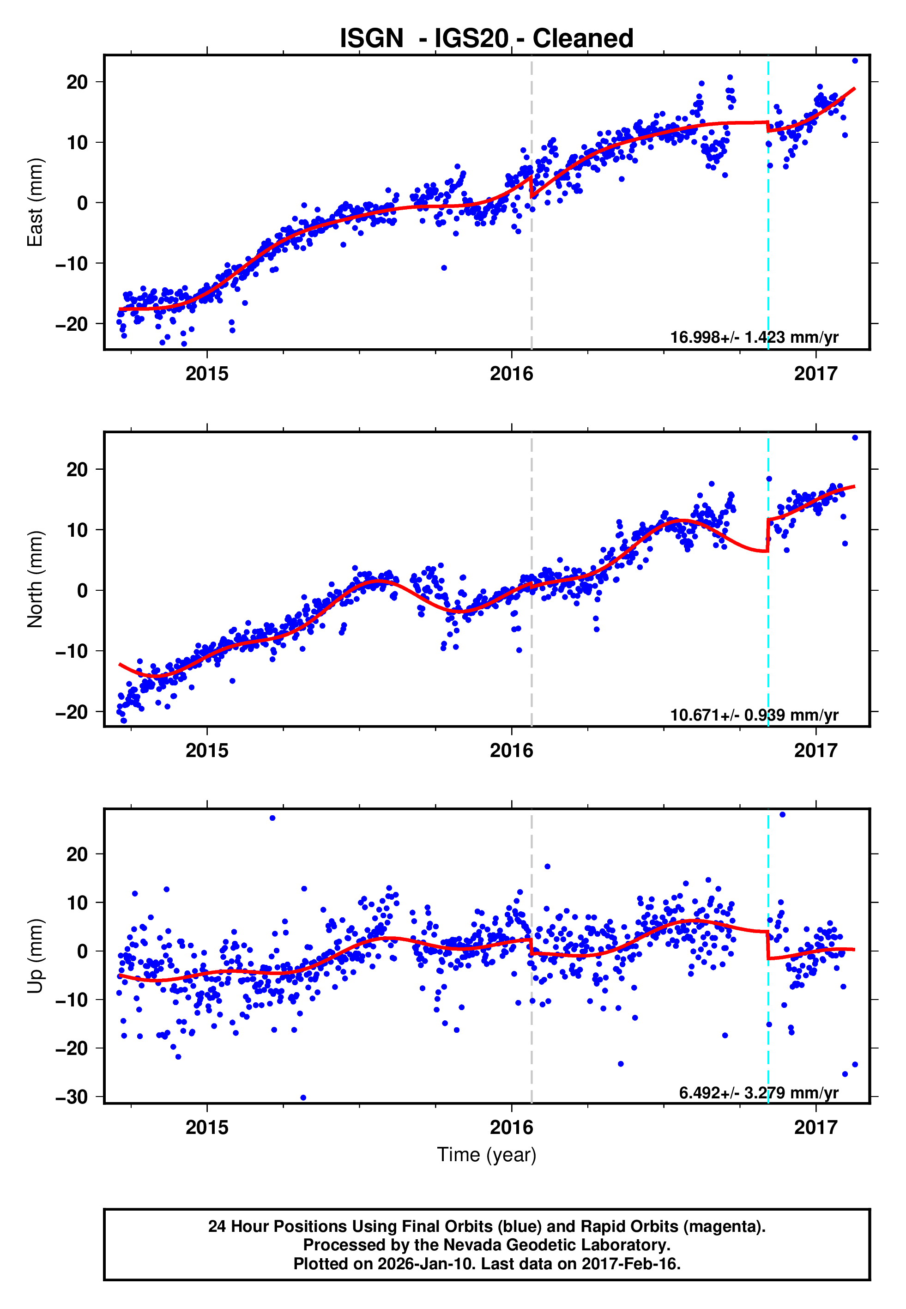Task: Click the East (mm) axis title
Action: [x=35, y=202]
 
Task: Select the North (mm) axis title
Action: [x=35, y=579]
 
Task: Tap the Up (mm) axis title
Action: [x=35, y=956]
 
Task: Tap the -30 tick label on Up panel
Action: [x=72, y=1097]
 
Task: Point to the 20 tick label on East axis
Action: [x=77, y=82]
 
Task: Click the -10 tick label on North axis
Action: [x=72, y=651]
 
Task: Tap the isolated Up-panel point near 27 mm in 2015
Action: [x=272, y=818]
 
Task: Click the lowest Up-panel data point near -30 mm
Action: [x=303, y=1097]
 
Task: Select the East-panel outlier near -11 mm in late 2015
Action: [x=444, y=268]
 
